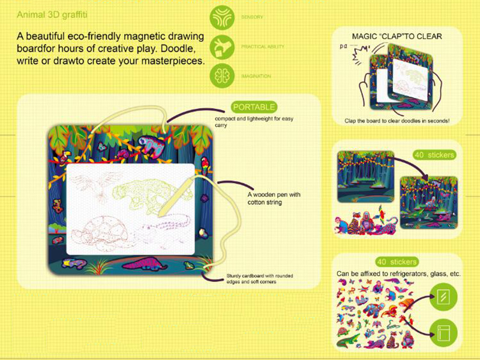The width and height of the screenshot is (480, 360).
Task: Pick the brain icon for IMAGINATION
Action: coord(223,76)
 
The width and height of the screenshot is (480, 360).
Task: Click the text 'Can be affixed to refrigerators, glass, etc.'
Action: coord(398,274)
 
